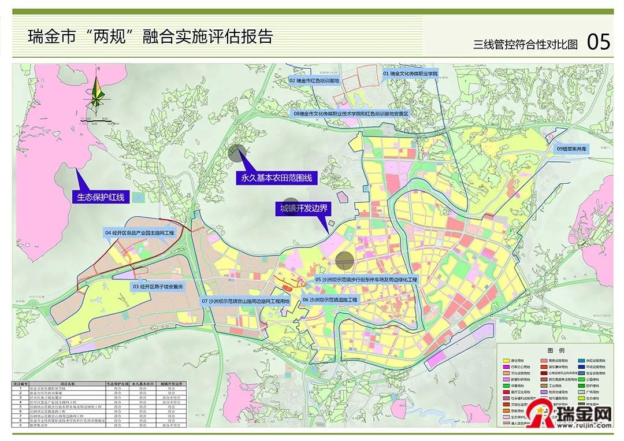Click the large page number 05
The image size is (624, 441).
(x=598, y=42)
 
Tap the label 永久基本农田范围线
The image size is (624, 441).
(x=276, y=178)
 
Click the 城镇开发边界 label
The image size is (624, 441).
(x=304, y=209)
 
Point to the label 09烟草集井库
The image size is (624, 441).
(x=571, y=149)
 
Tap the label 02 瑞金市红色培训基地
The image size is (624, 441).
(x=314, y=81)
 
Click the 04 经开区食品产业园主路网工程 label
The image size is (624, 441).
(x=139, y=232)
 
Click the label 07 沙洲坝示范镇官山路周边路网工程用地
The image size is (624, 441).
(x=245, y=302)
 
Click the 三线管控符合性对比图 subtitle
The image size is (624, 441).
(x=525, y=45)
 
